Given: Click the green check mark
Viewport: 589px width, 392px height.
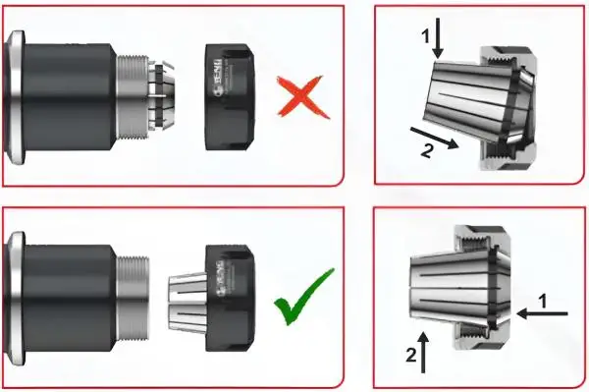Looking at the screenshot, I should click(x=303, y=299).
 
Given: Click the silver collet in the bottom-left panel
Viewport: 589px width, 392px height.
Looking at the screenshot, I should click(x=182, y=295).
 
